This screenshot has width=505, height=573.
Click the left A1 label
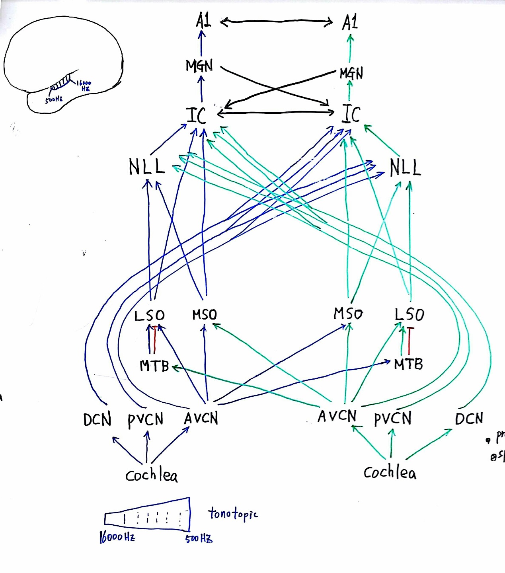(203, 21)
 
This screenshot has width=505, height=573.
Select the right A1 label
(350, 22)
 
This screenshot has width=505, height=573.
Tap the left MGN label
(199, 66)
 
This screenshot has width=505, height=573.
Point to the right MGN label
(351, 73)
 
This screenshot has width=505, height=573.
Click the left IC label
(197, 115)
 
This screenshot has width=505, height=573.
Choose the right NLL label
(405, 168)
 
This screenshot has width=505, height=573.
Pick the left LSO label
(149, 316)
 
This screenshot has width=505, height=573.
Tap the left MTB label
(154, 366)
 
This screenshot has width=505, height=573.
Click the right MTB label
(408, 364)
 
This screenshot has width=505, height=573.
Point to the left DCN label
(97, 419)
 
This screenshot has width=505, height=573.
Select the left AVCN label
(201, 418)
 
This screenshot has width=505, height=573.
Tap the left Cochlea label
(151, 475)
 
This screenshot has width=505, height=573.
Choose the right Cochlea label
(390, 472)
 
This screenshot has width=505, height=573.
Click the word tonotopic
(233, 514)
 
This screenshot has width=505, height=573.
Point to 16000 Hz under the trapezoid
(117, 537)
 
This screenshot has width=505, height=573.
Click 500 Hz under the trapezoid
(199, 539)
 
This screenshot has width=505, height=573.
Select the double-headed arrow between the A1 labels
(277, 22)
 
